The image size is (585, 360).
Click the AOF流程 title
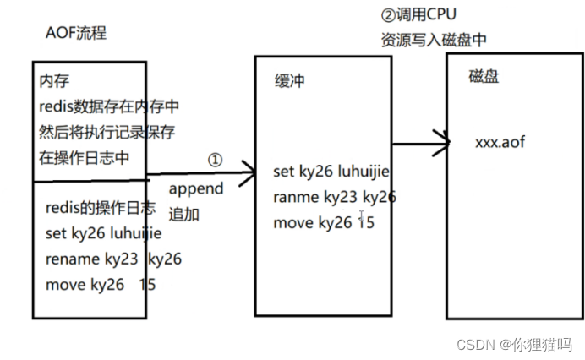tap(76, 34)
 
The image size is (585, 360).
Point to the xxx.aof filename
tap(500, 142)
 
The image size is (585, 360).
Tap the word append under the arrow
tap(195, 188)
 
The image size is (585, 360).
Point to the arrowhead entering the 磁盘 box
tap(442, 139)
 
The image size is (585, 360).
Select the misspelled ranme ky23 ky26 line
tap(334, 197)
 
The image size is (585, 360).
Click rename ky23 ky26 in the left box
tap(113, 259)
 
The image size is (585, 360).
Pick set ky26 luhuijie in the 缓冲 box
tap(331, 172)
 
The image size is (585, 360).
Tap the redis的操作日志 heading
tap(100, 208)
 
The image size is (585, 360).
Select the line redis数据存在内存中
tap(109, 106)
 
